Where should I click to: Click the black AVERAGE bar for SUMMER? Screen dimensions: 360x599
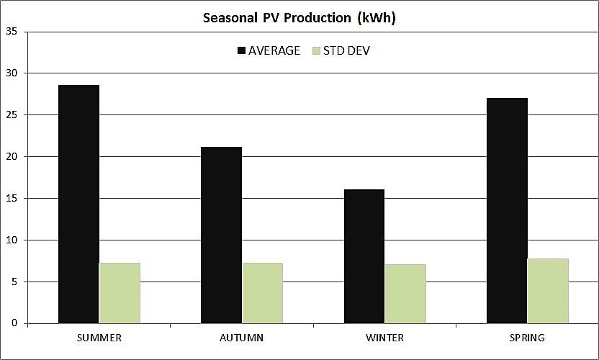coord(78,204)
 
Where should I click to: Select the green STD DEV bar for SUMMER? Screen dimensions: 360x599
coord(120,293)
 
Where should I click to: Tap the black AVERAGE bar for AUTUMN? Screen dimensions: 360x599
coord(222,235)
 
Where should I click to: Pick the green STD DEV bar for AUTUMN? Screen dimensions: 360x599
coord(262,293)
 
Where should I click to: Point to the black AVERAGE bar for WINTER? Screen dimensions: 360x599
coord(364,256)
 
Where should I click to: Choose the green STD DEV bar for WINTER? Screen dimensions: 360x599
coord(405,294)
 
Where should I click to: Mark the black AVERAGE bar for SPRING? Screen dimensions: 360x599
coord(507,210)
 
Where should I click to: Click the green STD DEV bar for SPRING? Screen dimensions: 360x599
coord(548,291)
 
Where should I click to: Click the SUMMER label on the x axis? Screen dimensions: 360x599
coord(99,338)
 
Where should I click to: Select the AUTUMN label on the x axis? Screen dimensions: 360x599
coord(241,338)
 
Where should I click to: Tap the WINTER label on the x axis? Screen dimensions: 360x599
coord(384,338)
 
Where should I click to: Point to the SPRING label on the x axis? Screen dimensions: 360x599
coord(527,338)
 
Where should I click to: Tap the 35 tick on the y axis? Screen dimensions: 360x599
coord(12,32)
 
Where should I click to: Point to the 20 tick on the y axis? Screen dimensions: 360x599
coord(12,157)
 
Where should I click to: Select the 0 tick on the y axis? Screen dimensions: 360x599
coord(14,324)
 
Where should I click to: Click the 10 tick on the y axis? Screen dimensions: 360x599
coord(12,240)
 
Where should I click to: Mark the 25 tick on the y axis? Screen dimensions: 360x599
coord(12,115)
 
